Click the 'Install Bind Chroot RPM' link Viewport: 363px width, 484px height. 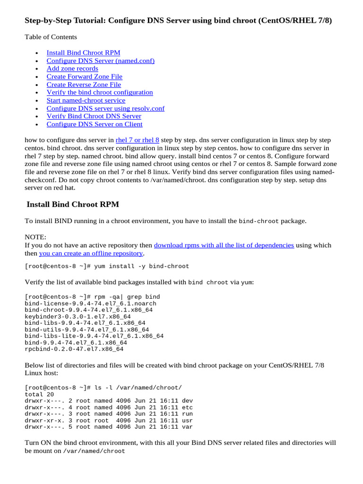[83, 52]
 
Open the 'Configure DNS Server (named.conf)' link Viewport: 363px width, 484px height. [100, 60]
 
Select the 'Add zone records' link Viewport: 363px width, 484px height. [72, 69]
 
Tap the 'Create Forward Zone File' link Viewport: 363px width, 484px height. [84, 77]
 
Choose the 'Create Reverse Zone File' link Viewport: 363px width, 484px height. [84, 85]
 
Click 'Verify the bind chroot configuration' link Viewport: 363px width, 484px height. [100, 92]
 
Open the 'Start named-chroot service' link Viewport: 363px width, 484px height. [86, 100]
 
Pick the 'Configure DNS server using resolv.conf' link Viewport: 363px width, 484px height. [105, 108]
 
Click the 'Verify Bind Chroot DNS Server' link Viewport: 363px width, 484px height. [94, 116]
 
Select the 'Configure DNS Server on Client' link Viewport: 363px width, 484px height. [94, 124]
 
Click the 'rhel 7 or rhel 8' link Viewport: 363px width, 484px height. [137, 140]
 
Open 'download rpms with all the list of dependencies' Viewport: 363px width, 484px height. [224, 245]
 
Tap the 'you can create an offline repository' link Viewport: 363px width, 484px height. [91, 253]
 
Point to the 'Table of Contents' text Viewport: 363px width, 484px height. [51, 37]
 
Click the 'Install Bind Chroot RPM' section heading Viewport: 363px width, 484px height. [73, 204]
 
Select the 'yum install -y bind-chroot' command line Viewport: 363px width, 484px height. [107, 266]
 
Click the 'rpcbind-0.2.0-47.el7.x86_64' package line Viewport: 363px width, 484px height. [74, 349]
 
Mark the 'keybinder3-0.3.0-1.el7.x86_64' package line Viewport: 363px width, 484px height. [78, 317]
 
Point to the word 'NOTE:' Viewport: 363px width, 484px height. [35, 237]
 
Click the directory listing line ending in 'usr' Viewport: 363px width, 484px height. [108, 421]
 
